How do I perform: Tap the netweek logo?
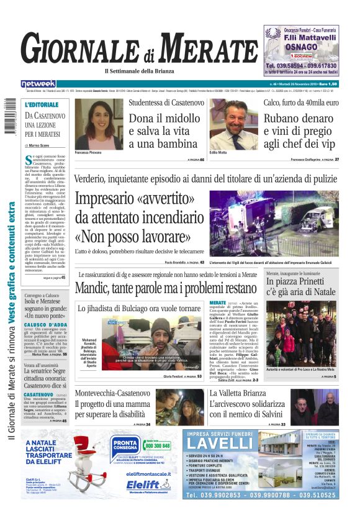(x=38, y=84)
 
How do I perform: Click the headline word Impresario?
(x=116, y=199)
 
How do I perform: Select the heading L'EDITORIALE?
(x=42, y=104)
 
